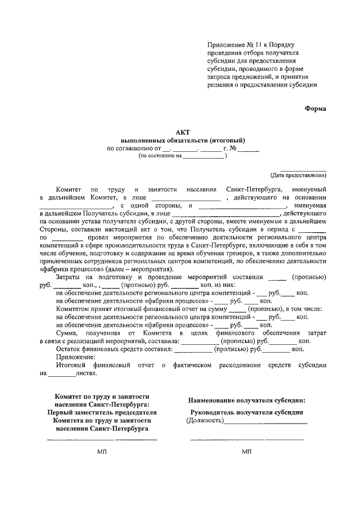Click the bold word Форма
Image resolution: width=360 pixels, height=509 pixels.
tap(315, 109)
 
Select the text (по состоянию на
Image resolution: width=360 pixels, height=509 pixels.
tap(160, 156)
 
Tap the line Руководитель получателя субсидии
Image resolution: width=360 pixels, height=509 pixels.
tap(247, 412)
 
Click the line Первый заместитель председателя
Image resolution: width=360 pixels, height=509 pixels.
tap(102, 412)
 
